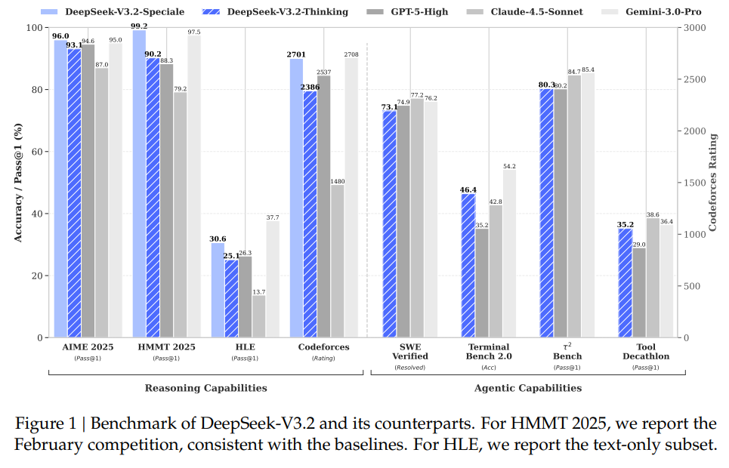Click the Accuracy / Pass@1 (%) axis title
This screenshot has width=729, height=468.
pyautogui.click(x=17, y=183)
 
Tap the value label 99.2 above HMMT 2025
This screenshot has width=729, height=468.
pyautogui.click(x=138, y=25)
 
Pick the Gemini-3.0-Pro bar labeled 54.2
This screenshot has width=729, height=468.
pyautogui.click(x=508, y=253)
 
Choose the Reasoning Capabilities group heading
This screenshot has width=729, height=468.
pyautogui.click(x=205, y=388)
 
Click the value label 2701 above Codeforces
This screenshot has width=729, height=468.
pyautogui.click(x=296, y=54)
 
